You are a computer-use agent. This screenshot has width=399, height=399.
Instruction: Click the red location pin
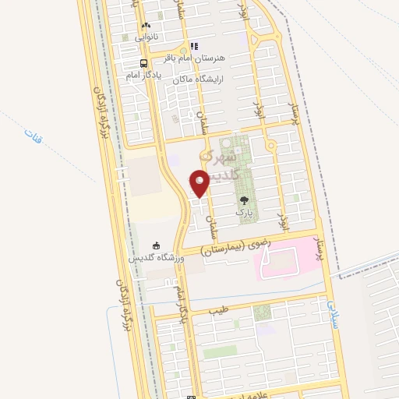[x=200, y=184]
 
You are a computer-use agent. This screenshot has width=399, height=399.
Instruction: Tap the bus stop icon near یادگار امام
[x=144, y=63]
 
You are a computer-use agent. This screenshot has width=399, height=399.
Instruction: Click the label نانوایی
[x=146, y=37]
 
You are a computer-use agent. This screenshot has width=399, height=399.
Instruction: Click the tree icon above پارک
[x=245, y=200]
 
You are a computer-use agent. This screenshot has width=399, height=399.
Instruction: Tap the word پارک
[x=245, y=212]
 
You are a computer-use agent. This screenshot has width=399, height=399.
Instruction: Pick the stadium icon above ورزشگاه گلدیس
[x=157, y=245]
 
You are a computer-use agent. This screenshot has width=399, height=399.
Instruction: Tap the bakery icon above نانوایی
[x=146, y=26]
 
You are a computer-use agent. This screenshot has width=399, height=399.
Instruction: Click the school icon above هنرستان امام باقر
[x=193, y=47]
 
